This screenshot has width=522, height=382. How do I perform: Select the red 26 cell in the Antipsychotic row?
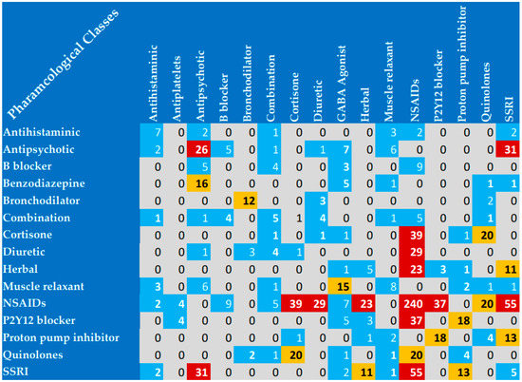201,149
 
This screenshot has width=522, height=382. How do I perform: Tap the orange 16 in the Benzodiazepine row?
201,183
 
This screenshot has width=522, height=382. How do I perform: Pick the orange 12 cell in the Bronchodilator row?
250,201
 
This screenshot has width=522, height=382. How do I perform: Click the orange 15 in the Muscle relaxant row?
343,286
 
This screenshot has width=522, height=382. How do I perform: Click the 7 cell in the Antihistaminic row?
155,132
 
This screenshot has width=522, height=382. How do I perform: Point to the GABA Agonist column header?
343,86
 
